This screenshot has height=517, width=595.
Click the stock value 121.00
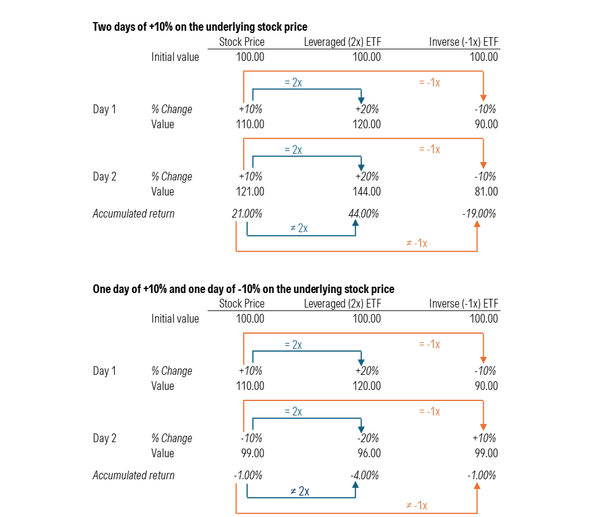250,191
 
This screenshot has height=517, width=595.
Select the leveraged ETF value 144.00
367,191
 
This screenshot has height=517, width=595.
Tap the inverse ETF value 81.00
486,191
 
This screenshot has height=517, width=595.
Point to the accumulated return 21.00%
247,214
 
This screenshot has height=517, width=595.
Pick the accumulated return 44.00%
364,214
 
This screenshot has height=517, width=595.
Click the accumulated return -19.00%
479,214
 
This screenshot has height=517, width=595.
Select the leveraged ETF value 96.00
369,453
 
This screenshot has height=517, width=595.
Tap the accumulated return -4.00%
365,475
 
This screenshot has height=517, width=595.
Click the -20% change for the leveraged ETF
368,438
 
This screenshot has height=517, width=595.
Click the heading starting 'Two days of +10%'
200,27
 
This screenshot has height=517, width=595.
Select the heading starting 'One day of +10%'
244,289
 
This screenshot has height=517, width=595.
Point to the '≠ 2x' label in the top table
299,228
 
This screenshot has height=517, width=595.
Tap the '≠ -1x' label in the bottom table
416,505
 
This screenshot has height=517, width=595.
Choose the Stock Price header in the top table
242,42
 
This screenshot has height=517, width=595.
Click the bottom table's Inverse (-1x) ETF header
464,303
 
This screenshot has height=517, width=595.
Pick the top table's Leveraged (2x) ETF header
343,42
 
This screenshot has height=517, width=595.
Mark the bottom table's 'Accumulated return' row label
133,475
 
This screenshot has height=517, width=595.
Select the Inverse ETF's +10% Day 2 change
484,438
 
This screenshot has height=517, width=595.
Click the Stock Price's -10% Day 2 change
252,438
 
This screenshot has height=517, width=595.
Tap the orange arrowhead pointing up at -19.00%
477,224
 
